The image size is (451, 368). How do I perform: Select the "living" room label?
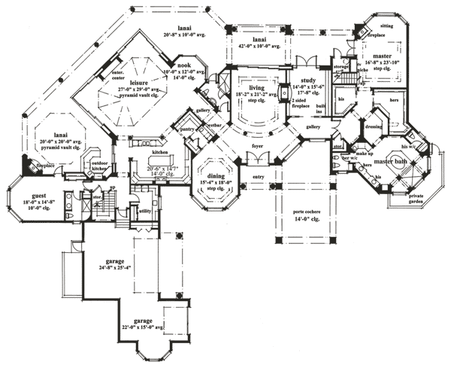247,88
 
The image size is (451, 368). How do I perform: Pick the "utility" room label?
145,212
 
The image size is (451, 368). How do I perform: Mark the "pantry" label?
188,130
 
